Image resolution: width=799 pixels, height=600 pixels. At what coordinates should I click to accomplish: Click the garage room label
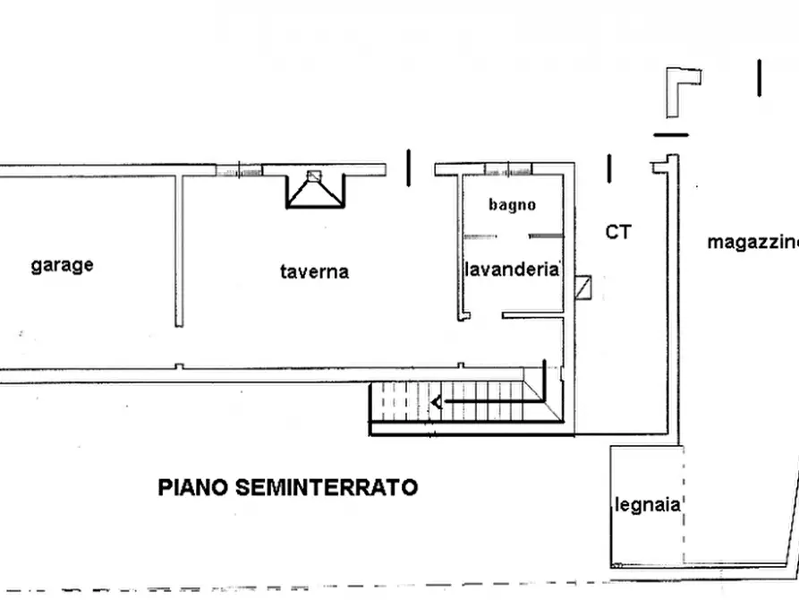(62, 265)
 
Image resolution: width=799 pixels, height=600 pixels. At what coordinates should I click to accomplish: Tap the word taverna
(314, 271)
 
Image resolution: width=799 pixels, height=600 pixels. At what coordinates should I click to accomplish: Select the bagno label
(512, 204)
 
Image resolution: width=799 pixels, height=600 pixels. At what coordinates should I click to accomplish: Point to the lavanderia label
(512, 269)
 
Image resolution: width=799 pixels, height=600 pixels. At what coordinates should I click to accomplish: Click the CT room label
(618, 232)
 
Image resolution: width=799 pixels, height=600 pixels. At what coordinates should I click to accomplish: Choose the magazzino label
(752, 242)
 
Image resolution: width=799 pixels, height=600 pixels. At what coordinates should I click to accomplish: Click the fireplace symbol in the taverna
(313, 186)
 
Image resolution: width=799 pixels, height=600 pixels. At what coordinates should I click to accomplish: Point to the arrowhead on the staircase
(437, 402)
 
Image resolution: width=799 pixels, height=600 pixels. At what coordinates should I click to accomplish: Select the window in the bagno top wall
(507, 169)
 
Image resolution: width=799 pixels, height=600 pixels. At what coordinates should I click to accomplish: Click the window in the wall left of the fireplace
(239, 169)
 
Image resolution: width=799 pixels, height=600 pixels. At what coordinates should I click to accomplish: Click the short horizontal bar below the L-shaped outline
(671, 135)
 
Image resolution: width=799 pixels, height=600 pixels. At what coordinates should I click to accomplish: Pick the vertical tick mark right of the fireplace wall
(409, 167)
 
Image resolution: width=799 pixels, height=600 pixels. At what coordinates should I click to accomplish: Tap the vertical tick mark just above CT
(608, 167)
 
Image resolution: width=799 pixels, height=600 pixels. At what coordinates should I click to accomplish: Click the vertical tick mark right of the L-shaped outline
(759, 78)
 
